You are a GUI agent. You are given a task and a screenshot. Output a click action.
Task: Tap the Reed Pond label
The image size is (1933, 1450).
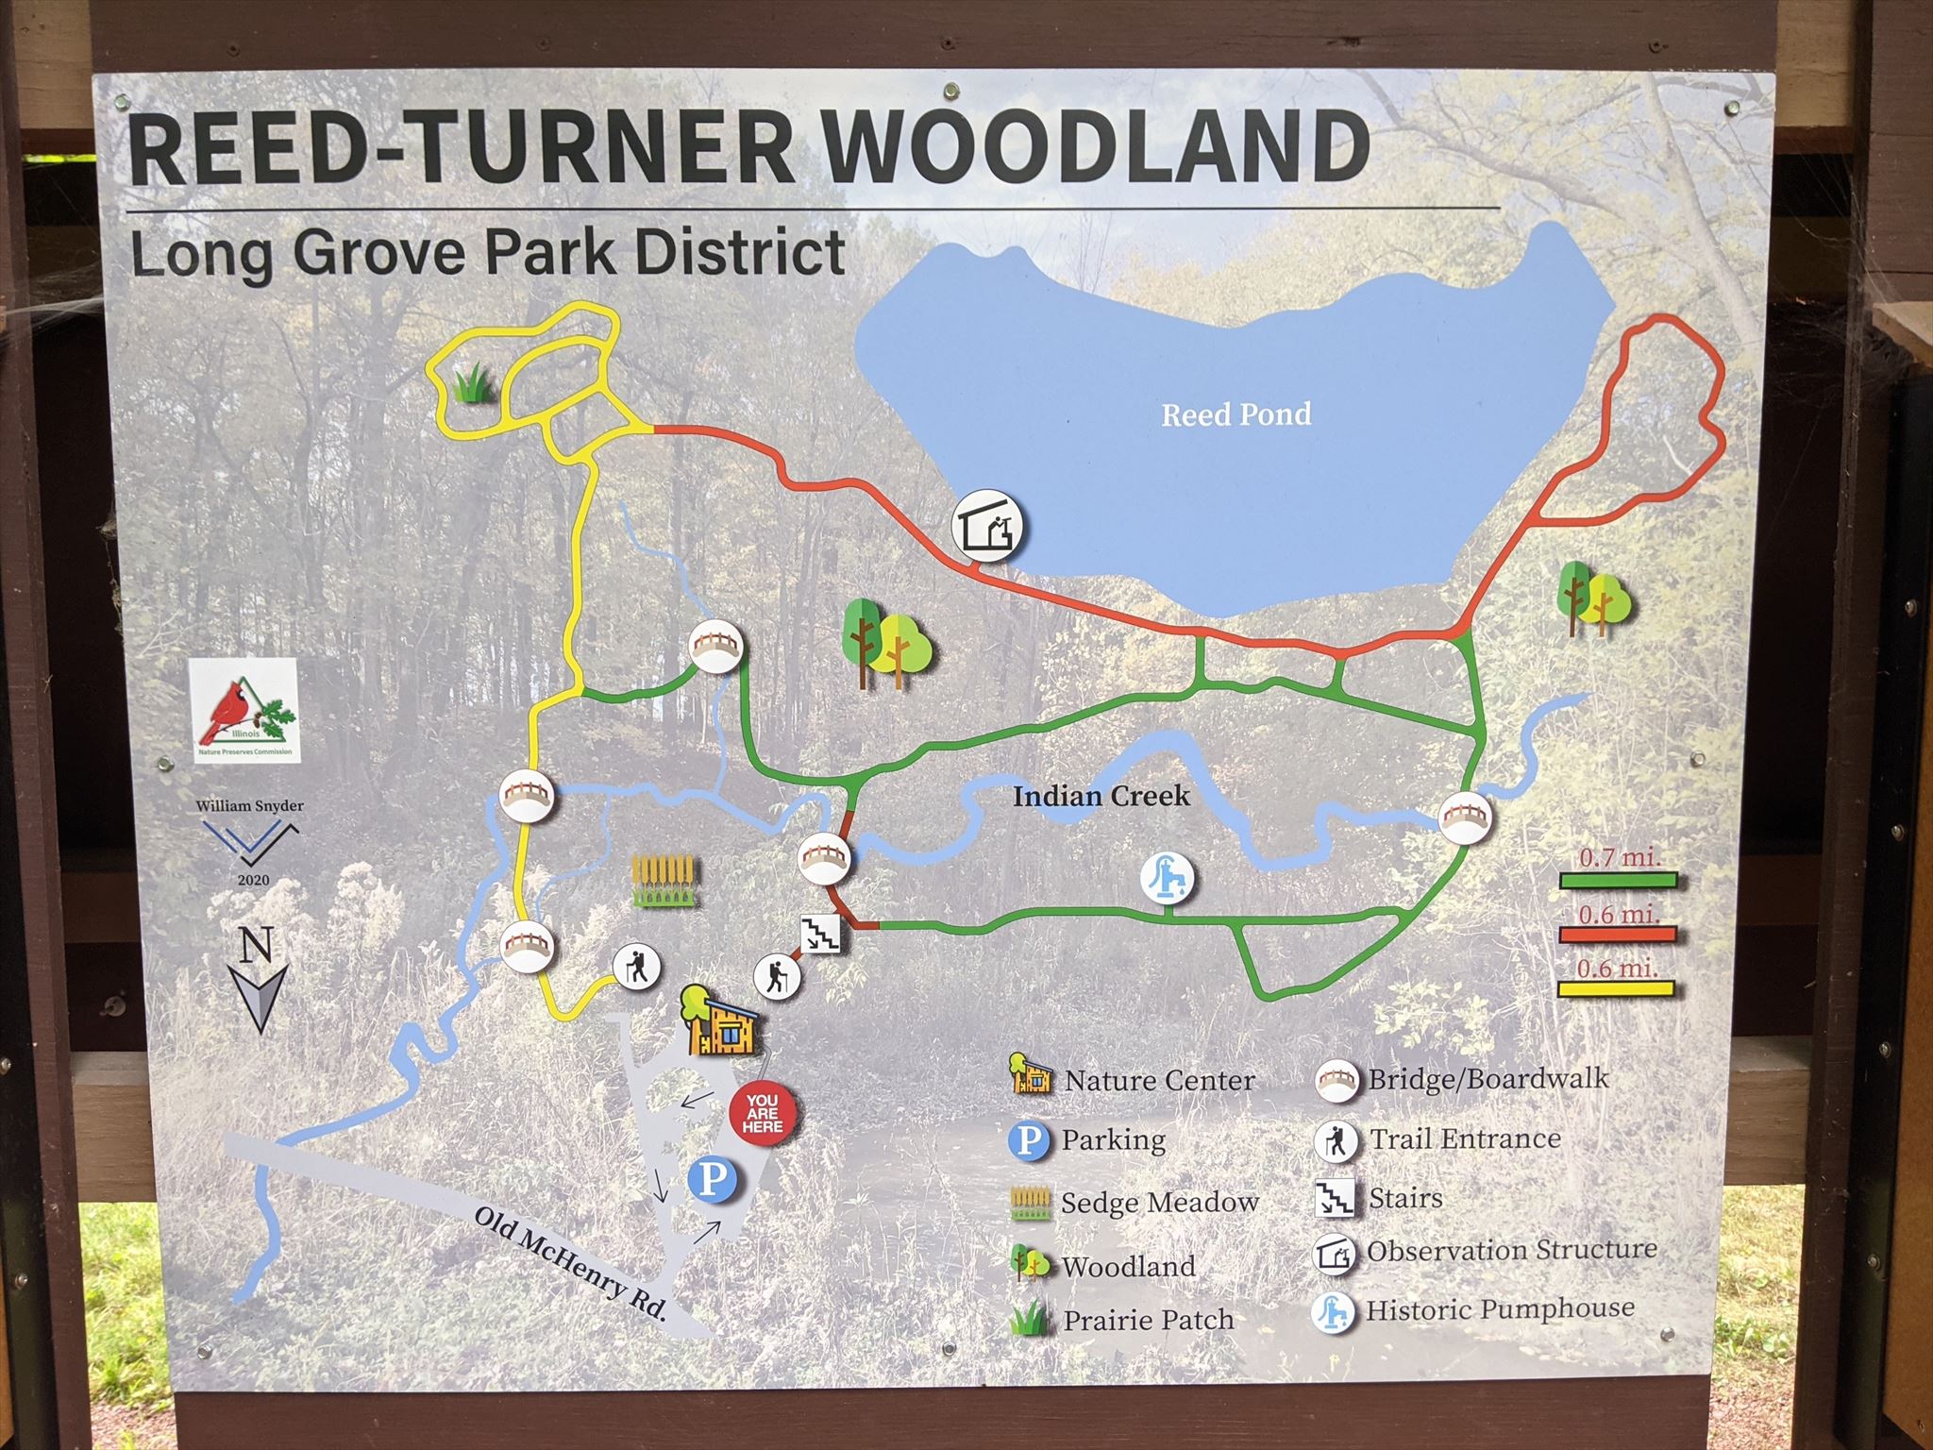tap(1235, 414)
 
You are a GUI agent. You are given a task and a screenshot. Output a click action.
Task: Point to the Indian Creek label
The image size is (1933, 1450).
tap(1101, 797)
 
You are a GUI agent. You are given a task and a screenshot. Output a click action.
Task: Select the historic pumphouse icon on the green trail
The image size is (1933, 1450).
tap(1168, 877)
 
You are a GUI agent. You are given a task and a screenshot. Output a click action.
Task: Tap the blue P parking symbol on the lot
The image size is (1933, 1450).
tap(714, 1180)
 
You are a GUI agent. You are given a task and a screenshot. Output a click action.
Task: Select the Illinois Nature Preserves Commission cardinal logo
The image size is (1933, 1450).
tap(244, 711)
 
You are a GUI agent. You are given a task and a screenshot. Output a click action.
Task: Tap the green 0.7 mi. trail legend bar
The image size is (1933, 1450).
tap(1618, 881)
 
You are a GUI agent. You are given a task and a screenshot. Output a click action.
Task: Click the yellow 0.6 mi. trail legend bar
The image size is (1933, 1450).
tap(1618, 989)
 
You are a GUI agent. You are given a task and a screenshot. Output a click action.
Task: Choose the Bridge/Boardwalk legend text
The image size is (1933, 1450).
tap(1488, 1079)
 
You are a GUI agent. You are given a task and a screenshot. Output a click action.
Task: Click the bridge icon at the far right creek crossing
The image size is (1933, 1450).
tap(1464, 818)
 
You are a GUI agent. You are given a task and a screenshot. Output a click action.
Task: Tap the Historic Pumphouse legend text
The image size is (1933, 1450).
tap(1500, 1310)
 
